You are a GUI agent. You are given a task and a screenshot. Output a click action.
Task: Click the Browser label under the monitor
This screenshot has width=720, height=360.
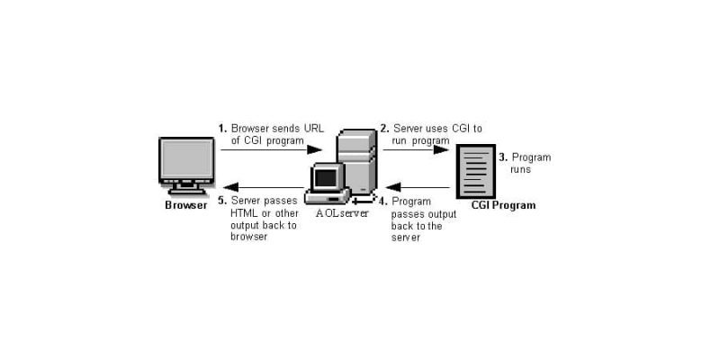(x=186, y=205)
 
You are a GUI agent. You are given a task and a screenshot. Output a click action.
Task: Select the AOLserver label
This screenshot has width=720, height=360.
(x=342, y=213)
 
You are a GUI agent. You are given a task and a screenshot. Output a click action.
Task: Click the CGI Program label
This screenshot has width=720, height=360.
(x=503, y=205)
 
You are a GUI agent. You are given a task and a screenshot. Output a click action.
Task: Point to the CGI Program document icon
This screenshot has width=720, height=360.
(x=476, y=171)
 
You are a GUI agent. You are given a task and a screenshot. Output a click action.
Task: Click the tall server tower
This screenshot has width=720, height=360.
(x=357, y=161)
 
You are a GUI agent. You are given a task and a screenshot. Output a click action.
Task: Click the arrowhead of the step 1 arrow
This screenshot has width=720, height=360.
(x=314, y=149)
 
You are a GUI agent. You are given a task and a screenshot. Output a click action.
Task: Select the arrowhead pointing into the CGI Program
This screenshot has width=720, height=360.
(x=441, y=149)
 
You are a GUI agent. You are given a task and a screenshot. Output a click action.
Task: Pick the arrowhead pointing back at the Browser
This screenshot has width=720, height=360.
(x=231, y=187)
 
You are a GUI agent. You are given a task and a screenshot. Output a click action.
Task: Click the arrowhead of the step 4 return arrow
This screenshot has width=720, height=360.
(x=393, y=187)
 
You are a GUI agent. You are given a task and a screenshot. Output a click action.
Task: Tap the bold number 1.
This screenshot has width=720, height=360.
(x=222, y=128)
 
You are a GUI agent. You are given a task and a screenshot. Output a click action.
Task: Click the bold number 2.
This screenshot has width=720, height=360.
(x=385, y=128)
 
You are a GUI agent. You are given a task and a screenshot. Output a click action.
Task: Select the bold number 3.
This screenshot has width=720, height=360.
(x=503, y=157)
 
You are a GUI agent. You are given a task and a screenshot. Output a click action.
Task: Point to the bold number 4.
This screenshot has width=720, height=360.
(x=383, y=201)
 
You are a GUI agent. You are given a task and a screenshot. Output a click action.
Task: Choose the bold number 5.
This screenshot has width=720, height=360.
(x=222, y=201)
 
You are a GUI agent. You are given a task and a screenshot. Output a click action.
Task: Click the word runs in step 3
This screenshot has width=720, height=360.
(x=521, y=170)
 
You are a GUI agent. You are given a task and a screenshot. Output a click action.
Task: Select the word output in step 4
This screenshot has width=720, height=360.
(x=442, y=214)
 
